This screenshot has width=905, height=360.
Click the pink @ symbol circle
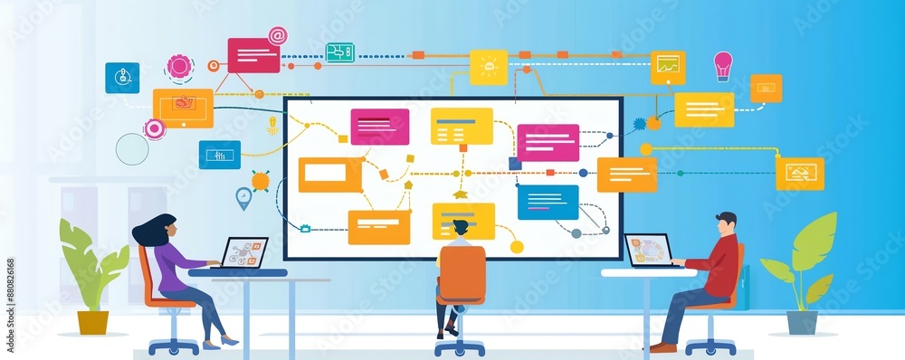coord(277,36)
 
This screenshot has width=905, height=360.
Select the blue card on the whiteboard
coord(548,202)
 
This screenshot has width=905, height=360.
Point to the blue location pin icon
coord(243,197)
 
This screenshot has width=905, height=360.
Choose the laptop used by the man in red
coord(649,251)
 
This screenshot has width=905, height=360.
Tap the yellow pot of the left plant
coord(92,322)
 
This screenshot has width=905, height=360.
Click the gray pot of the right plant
coord(801,322)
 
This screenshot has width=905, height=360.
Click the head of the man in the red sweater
coord(726,223)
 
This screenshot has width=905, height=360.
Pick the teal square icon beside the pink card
coord(339,52)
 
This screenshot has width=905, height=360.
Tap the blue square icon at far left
coord(122,78)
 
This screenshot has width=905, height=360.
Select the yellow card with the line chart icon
coord(668,66)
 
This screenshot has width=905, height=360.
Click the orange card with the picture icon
coord(799,174)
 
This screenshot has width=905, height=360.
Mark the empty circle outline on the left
coord(131,149)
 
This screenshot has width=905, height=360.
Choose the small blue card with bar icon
coord(219,155)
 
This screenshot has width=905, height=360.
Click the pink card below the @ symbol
coord(253,55)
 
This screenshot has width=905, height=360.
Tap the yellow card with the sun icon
coord(489,67)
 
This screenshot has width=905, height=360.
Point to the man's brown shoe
coord(662,347)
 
